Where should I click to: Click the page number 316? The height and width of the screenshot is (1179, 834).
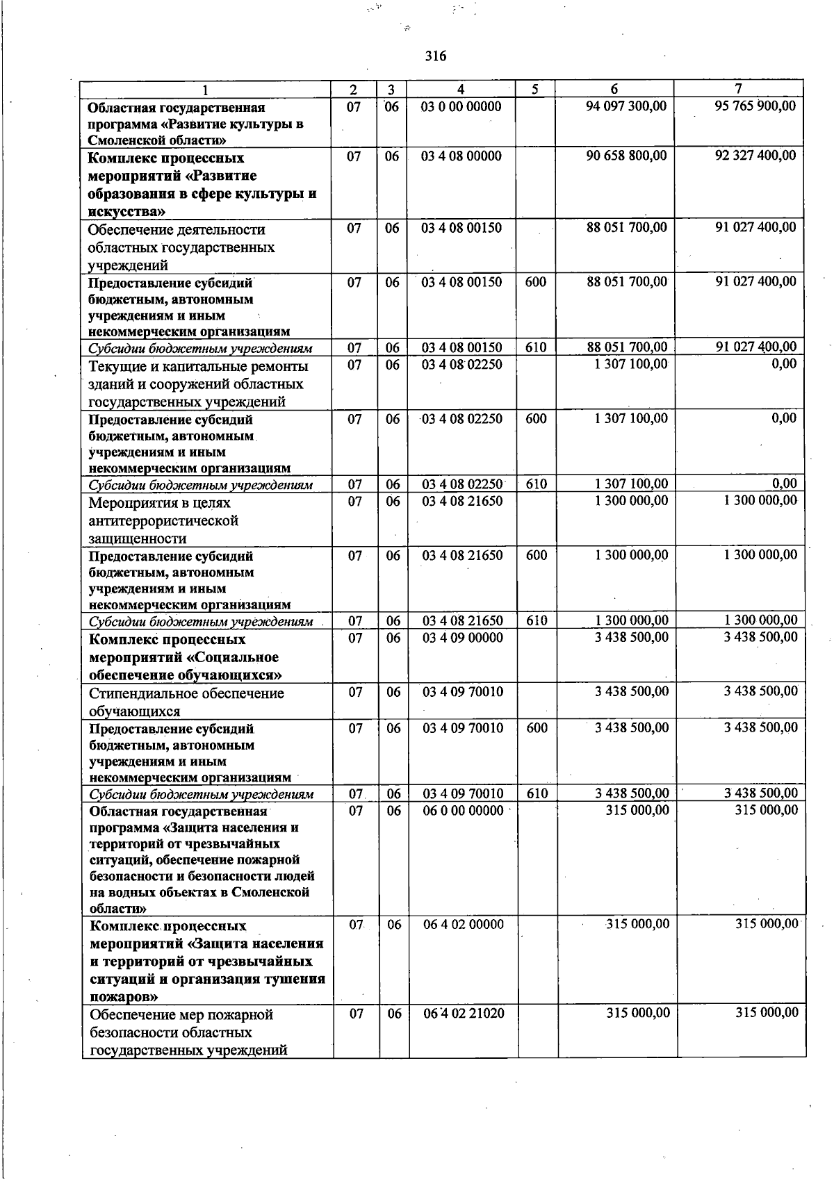(x=436, y=56)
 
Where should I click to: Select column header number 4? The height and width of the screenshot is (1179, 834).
(x=461, y=89)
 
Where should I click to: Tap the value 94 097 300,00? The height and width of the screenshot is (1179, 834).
(x=626, y=106)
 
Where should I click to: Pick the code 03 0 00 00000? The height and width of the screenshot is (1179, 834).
(x=461, y=107)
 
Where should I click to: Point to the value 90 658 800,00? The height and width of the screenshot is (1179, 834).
(x=626, y=156)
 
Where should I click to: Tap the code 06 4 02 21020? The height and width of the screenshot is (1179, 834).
(x=464, y=1013)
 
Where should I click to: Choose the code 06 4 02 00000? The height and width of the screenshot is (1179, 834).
(x=464, y=924)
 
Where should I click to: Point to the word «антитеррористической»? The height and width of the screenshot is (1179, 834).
(x=163, y=520)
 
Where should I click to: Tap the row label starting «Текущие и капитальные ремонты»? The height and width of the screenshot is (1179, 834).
(x=198, y=367)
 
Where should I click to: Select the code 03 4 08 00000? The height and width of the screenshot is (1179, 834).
(x=461, y=156)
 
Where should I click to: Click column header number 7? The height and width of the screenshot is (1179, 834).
(x=739, y=89)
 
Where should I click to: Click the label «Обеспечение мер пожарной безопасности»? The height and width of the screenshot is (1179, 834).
(x=181, y=1015)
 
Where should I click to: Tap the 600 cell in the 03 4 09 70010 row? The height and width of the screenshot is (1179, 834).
(x=537, y=728)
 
